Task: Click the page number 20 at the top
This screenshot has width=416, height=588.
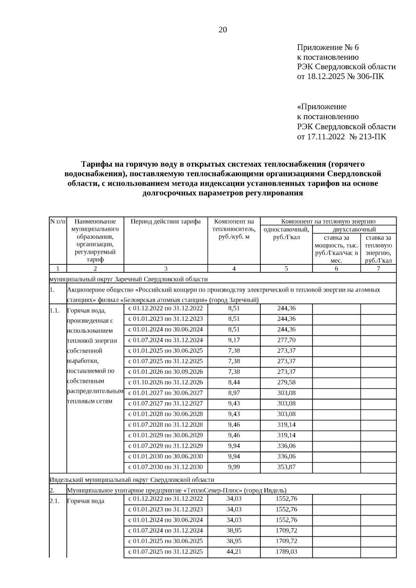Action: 223,30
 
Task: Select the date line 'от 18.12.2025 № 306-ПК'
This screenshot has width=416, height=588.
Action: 340,76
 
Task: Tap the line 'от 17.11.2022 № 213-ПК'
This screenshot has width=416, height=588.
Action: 341,137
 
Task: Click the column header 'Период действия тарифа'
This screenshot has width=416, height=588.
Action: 166,221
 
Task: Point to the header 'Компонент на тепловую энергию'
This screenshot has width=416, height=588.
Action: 328,221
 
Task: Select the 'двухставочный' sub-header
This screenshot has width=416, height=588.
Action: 354,229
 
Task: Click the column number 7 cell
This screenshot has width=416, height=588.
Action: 378,269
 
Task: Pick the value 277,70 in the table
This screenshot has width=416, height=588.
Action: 286,340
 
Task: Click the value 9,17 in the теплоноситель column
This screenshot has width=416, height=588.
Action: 234,340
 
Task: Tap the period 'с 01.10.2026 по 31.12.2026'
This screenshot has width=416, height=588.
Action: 166,382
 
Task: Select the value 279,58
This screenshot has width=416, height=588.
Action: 286,382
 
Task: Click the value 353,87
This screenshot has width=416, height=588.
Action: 286,467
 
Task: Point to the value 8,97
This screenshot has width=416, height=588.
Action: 234,393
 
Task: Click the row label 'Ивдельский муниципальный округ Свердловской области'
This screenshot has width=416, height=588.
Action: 132,480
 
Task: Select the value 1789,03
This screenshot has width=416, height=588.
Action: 286,551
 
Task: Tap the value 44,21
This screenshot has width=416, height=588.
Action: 234,551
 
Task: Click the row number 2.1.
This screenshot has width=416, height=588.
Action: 55,501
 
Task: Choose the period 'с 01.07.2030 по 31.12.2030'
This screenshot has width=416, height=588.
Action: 166,467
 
